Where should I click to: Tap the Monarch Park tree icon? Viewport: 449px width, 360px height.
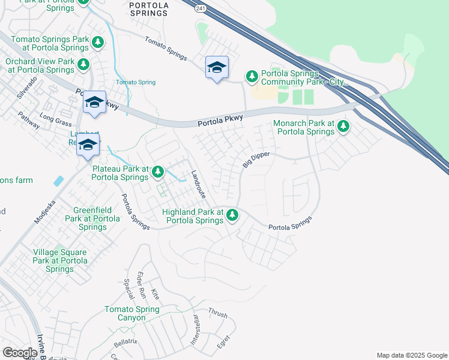coord(343,126)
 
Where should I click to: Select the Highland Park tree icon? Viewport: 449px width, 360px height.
coord(232,215)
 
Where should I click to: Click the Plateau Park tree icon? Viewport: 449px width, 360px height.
coord(158,172)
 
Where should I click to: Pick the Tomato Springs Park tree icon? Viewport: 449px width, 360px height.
coord(98,43)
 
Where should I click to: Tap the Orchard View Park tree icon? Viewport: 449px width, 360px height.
coord(83,64)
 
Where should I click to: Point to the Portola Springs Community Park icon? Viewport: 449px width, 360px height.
coord(252,76)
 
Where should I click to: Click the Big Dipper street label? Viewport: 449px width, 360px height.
coord(256,160)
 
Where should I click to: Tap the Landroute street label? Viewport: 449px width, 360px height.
coord(199,185)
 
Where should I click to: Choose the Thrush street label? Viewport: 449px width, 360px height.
coord(217,313)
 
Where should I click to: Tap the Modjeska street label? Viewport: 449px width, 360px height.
coord(45,211)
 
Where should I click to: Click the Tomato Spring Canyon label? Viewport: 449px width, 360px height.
coord(132,313)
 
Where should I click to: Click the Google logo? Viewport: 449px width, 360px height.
coord(20,353)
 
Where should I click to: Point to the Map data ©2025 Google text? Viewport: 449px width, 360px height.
coord(411,355)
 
